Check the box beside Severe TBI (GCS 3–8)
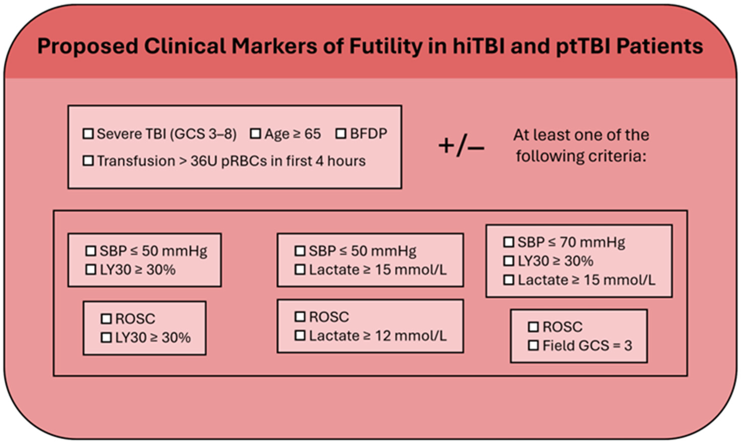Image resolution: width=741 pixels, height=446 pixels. click(88, 134)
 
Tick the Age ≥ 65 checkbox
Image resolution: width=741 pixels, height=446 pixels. click(255, 134)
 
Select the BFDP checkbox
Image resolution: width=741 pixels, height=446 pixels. click(341, 134)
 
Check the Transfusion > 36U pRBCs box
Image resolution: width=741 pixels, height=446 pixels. click(88, 161)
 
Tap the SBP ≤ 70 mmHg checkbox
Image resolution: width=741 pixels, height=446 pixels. click(508, 242)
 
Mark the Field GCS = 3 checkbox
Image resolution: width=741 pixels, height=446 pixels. click(533, 346)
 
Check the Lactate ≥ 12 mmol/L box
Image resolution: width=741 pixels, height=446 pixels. click(300, 336)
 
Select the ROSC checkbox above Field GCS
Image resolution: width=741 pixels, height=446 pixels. click(533, 327)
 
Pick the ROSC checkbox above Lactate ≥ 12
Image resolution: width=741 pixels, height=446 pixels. click(300, 317)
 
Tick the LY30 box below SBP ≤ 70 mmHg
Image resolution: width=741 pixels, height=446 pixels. click(508, 261)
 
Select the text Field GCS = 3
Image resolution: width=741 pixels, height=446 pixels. click(587, 346)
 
